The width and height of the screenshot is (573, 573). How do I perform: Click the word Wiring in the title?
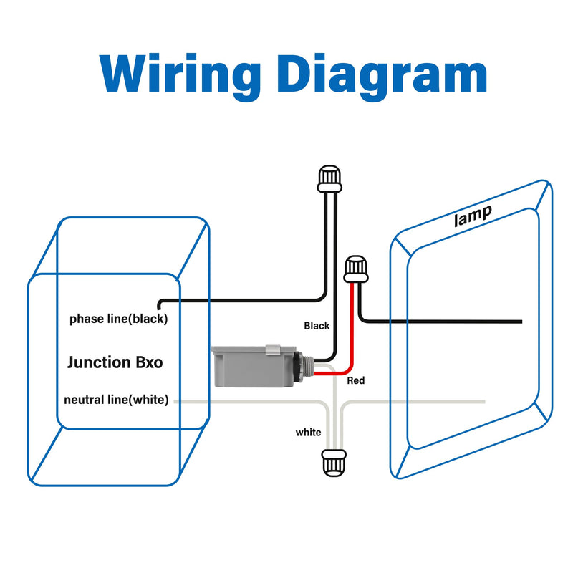click(x=180, y=76)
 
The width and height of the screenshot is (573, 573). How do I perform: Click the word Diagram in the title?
click(x=382, y=76)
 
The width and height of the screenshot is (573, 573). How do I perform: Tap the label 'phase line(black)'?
click(x=118, y=319)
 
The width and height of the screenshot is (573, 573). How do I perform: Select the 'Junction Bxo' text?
click(x=115, y=362)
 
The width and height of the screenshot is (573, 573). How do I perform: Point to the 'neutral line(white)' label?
click(x=116, y=400)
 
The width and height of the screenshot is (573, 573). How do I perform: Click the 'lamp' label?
click(x=473, y=216)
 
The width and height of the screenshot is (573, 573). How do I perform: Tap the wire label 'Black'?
click(x=317, y=326)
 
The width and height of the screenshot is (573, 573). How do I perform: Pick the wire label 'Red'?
click(x=355, y=380)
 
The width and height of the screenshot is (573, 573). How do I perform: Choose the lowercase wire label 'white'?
click(x=308, y=433)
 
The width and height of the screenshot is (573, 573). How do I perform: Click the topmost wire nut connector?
click(x=329, y=178)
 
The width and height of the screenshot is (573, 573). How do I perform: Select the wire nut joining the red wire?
click(x=355, y=269)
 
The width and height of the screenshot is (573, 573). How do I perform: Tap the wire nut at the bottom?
click(x=333, y=463)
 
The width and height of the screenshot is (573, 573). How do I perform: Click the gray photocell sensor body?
click(x=253, y=366)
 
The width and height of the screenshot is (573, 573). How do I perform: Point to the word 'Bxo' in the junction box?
click(x=149, y=362)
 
